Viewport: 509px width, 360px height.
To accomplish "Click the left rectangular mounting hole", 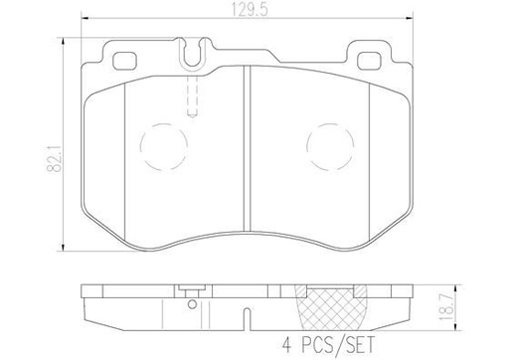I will [x=127, y=60].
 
